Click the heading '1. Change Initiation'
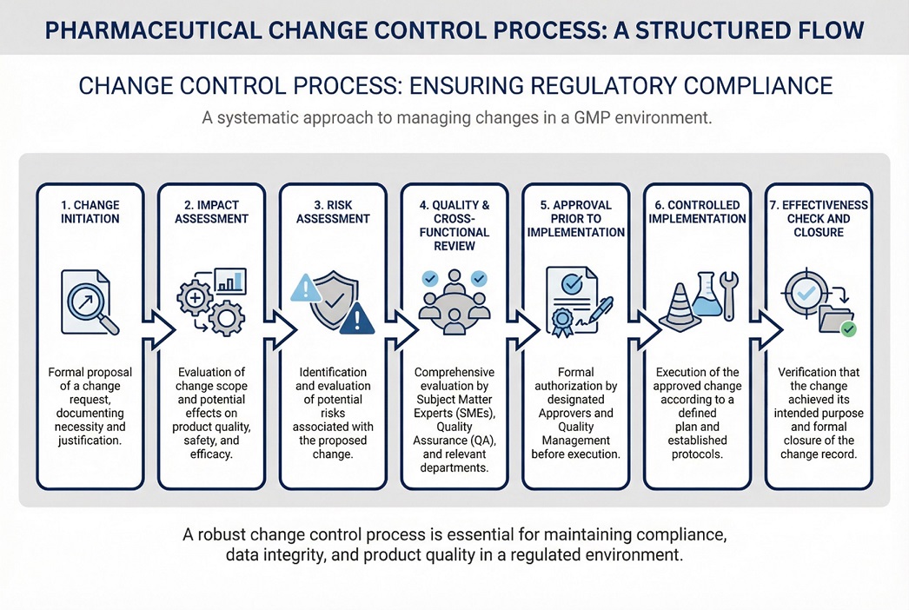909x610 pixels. coord(90,212)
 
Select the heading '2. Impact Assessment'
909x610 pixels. coord(212,212)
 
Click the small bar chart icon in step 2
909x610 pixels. coord(229,281)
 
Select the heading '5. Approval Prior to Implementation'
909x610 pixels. coord(576,219)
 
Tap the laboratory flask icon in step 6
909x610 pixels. coord(705,295)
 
